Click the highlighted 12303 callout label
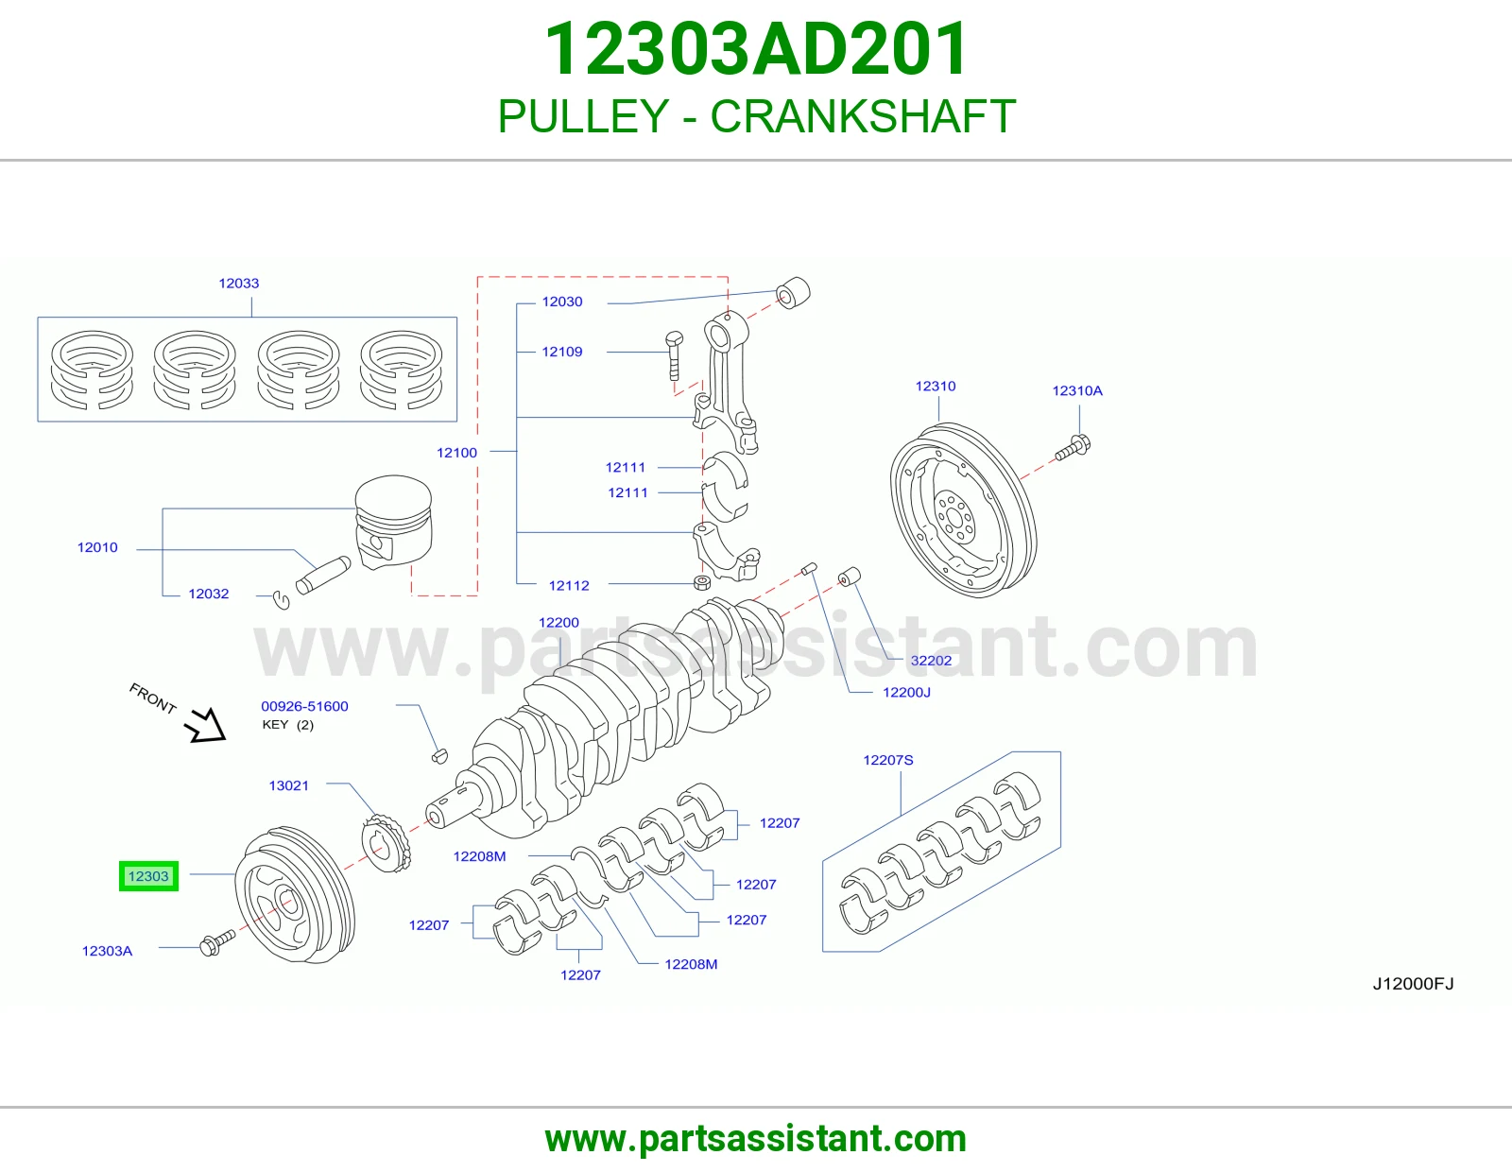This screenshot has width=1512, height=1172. (148, 875)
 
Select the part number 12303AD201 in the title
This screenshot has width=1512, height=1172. (756, 49)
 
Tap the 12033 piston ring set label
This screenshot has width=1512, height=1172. (239, 284)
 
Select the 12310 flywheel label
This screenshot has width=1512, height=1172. (936, 387)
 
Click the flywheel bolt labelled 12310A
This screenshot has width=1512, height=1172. (1073, 447)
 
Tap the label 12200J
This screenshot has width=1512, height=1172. (906, 693)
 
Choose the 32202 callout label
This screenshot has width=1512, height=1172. (931, 661)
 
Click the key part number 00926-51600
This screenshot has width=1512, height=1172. (305, 706)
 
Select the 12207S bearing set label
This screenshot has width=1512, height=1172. (888, 760)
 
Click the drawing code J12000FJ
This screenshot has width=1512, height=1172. (1413, 983)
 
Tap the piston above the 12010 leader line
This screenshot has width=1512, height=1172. (393, 522)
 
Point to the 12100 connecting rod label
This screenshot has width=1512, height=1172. (456, 453)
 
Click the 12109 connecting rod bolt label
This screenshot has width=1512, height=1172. (562, 353)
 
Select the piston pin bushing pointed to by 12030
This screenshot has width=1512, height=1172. (793, 293)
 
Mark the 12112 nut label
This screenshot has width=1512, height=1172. (569, 586)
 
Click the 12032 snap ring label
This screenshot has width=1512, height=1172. (208, 594)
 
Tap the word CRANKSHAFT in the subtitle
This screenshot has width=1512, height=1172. (863, 116)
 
